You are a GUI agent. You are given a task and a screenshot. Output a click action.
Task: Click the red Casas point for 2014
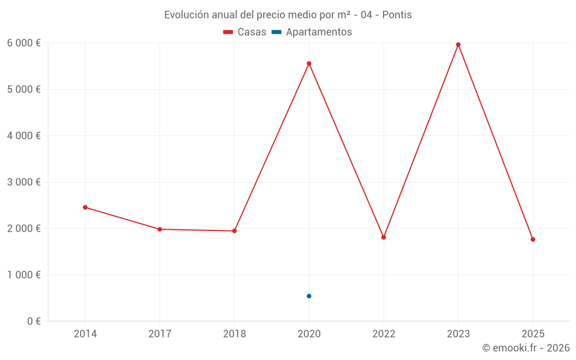point(85,207)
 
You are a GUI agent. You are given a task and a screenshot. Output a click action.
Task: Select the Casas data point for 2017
point(160,229)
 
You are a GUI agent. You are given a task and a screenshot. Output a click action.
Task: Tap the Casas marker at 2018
point(234,231)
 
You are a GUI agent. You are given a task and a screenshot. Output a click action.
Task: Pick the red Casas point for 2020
point(309,63)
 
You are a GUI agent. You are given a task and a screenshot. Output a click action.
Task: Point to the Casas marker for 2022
point(384,237)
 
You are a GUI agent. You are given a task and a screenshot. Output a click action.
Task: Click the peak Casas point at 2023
point(458,44)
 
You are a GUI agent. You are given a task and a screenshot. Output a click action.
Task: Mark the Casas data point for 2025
point(533,240)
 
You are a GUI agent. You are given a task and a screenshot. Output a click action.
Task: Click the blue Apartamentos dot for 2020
point(309,296)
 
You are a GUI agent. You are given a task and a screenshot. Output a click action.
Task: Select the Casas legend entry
point(245,32)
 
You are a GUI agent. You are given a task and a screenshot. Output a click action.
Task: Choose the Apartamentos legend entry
point(312,32)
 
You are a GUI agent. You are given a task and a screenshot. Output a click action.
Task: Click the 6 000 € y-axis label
point(24,43)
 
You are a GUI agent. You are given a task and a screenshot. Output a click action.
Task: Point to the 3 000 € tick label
point(24,182)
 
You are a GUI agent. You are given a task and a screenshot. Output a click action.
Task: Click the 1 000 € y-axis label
point(24,275)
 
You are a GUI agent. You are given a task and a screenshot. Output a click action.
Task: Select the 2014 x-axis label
point(85,334)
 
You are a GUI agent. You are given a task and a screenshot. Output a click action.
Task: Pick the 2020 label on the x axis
point(309,334)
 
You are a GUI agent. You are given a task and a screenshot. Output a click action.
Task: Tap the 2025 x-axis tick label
point(533,334)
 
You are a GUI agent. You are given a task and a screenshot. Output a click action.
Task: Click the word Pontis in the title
point(397,15)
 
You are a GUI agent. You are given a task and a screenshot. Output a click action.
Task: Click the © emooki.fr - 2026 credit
point(525,348)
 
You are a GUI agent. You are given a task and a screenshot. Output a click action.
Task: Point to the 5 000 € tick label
point(24,89)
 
